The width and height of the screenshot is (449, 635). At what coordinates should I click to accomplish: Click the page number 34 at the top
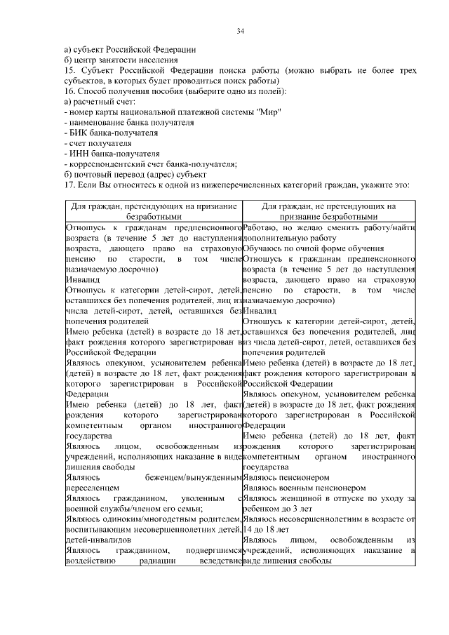(240, 31)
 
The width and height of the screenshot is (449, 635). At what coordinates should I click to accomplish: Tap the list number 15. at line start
(69, 71)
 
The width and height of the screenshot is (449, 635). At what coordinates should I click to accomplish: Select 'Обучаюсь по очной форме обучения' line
(313, 248)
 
